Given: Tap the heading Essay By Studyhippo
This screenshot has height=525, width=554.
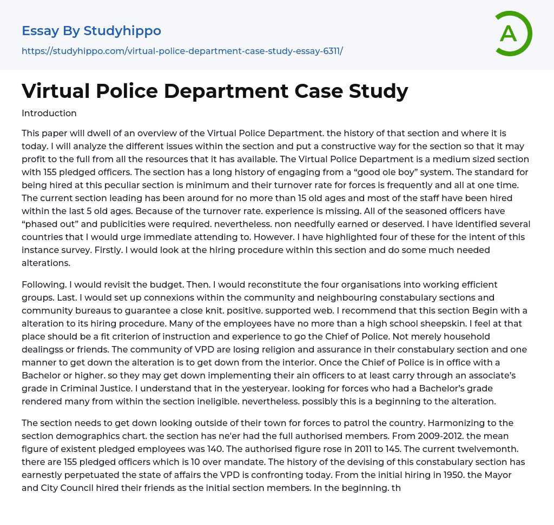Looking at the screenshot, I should click(x=91, y=31).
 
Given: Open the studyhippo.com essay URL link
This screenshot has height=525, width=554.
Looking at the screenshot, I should click(x=182, y=51).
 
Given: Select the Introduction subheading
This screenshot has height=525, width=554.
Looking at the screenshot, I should click(x=49, y=113).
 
